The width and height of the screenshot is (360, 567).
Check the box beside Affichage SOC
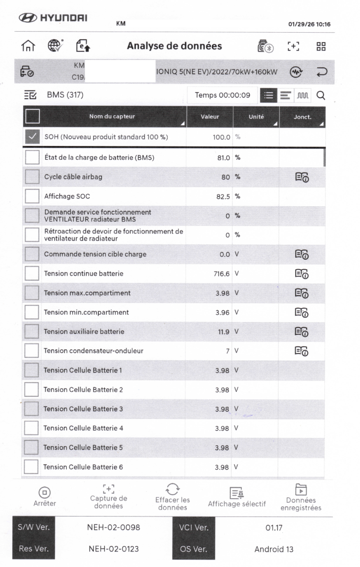32,196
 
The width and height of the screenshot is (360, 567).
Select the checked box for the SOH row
32,137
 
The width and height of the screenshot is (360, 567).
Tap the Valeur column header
210,117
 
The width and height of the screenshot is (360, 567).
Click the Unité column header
256,117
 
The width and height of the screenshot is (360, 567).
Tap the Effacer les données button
173,497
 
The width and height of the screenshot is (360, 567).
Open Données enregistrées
301,497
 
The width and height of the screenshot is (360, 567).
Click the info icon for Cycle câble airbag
302,177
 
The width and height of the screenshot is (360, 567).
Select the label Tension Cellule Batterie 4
83,428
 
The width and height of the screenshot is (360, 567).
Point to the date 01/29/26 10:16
309,24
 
